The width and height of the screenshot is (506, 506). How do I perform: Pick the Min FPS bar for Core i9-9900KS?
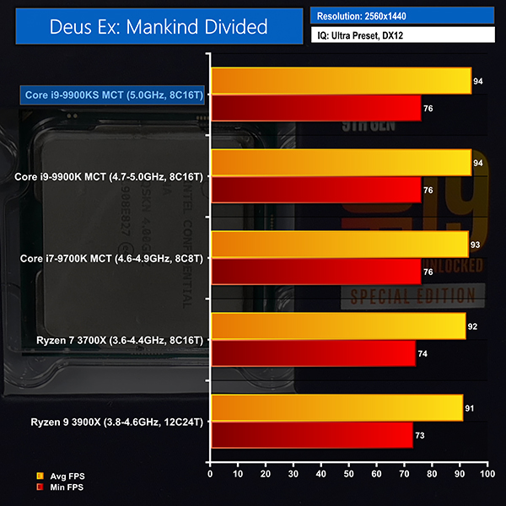[x=315, y=108]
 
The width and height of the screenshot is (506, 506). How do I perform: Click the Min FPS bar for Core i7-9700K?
[x=315, y=272]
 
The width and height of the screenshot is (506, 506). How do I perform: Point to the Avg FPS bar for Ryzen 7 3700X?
[x=337, y=326]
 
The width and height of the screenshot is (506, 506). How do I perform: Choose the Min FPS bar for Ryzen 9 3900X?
[x=311, y=435]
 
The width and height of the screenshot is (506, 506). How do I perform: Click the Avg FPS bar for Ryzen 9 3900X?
[x=336, y=408]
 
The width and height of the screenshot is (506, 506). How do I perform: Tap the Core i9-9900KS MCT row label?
[x=105, y=95]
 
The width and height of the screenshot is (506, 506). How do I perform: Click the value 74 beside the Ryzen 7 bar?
[x=423, y=353]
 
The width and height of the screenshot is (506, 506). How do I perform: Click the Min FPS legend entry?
[x=66, y=487]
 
